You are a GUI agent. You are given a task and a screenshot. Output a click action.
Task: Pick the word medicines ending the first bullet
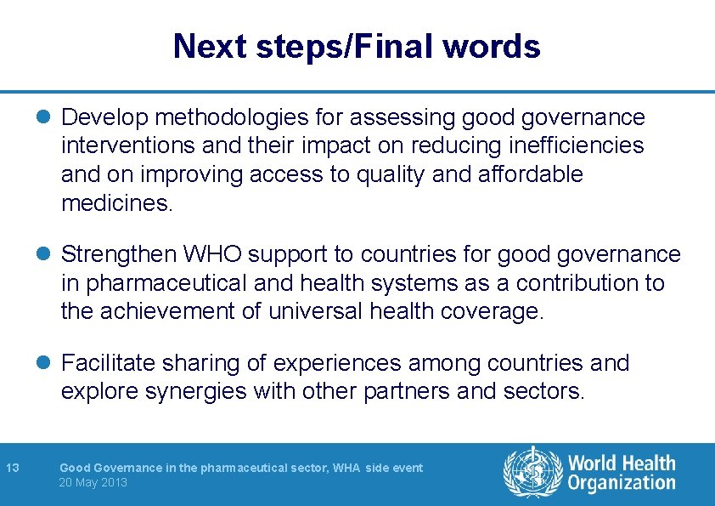[116, 204]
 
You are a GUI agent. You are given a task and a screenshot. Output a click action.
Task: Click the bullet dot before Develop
[50, 117]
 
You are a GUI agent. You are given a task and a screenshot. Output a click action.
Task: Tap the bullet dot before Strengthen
[50, 254]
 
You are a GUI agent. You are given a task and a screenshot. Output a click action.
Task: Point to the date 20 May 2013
[93, 482]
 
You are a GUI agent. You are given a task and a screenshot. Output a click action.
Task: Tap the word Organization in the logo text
[622, 483]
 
